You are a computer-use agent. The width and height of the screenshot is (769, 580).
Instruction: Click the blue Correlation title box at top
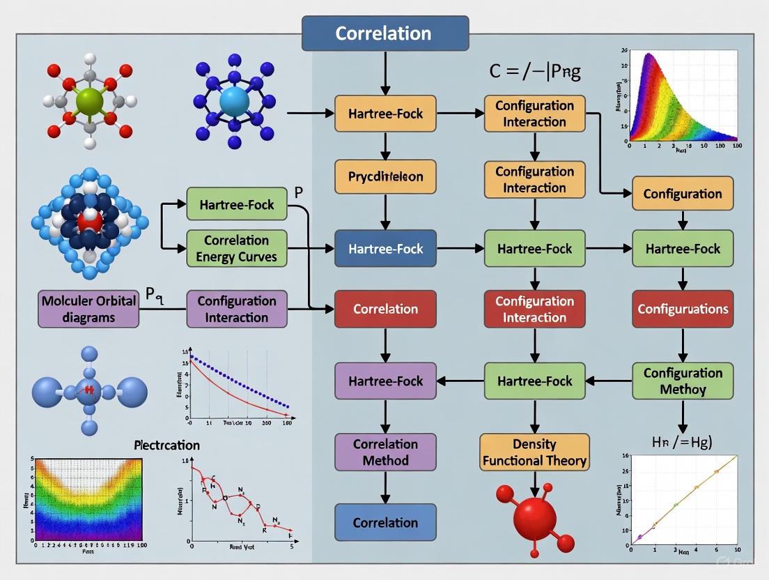coord(384,33)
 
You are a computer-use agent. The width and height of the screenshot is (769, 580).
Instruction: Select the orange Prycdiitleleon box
coord(385,176)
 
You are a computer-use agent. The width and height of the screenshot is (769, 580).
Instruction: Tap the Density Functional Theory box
coord(534,452)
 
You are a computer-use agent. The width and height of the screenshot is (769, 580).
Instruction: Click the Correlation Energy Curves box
coord(236,248)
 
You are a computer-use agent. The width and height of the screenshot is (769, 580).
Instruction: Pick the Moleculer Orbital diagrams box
coord(88,309)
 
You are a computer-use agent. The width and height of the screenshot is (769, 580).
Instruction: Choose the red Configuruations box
coord(682,309)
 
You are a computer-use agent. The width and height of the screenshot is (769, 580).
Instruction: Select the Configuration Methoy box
coord(682,381)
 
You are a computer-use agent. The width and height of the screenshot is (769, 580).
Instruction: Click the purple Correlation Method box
coord(385,452)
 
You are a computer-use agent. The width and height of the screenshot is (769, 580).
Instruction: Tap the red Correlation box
coord(385,309)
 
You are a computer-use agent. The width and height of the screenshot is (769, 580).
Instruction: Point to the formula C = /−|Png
coord(535,72)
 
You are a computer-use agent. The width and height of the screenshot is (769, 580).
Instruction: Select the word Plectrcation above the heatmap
coord(166,445)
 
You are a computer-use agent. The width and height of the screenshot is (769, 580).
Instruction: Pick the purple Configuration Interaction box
coord(236,309)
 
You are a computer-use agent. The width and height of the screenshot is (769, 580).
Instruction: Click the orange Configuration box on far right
coord(682,193)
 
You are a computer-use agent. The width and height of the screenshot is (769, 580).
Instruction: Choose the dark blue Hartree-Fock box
coord(385,248)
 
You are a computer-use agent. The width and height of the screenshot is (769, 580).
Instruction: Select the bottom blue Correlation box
coord(385,522)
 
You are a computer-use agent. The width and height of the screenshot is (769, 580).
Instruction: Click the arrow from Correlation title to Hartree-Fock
coord(385,73)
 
